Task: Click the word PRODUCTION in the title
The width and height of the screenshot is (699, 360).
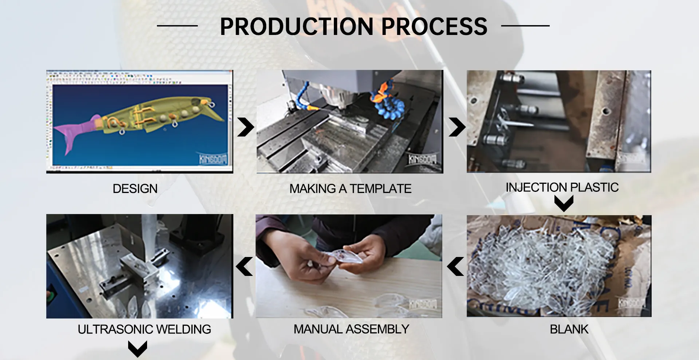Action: (x=297, y=27)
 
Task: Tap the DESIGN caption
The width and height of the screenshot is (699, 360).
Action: (x=135, y=189)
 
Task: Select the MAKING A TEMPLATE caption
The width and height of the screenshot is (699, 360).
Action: (x=350, y=189)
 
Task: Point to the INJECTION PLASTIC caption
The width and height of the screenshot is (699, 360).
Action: (x=562, y=187)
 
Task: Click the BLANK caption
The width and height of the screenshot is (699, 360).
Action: (x=569, y=329)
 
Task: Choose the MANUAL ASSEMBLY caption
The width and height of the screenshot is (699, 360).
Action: (x=351, y=329)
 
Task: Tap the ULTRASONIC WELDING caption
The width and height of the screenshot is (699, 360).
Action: (x=144, y=329)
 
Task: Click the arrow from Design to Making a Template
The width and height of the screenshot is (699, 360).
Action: (x=245, y=127)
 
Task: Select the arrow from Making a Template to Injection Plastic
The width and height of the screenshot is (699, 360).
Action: (x=457, y=127)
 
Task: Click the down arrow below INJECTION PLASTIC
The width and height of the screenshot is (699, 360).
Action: (x=564, y=203)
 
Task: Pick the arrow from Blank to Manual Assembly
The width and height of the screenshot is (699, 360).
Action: (x=455, y=266)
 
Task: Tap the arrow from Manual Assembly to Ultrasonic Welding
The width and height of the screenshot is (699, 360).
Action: (x=244, y=266)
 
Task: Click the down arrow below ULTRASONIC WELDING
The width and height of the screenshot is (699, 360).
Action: (x=138, y=349)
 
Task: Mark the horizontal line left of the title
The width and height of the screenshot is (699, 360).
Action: (x=177, y=26)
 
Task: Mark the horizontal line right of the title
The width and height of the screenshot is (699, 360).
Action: (x=525, y=26)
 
